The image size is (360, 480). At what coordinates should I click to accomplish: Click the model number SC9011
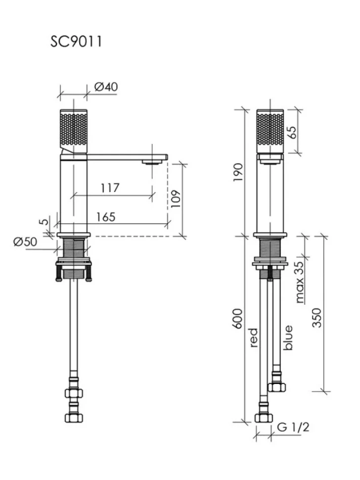tap(76, 42)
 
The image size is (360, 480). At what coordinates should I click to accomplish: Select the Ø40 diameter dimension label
tap(106, 87)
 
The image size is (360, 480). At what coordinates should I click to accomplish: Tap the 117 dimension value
tap(110, 188)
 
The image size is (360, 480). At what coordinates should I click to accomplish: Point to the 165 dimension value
tap(106, 217)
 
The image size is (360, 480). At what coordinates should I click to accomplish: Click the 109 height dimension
tap(176, 199)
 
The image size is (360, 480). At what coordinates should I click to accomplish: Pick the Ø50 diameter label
tap(25, 242)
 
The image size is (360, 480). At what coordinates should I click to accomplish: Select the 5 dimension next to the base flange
tap(45, 221)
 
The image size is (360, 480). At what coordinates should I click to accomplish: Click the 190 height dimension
tap(238, 172)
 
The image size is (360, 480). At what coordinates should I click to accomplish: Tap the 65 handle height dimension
tap(292, 132)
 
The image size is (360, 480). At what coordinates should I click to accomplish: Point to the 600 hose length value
tap(238, 319)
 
